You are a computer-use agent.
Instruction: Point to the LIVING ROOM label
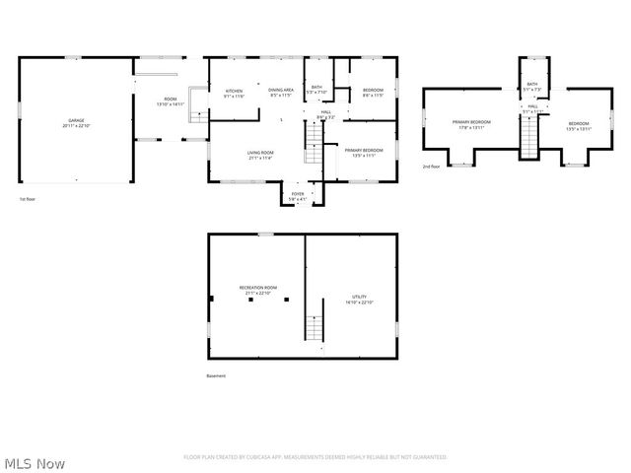(x=260, y=155)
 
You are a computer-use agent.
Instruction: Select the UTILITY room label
(x=359, y=300)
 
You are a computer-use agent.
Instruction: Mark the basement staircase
(x=316, y=328)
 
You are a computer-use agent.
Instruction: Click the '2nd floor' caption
(x=431, y=167)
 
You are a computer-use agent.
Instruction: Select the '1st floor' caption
(x=29, y=199)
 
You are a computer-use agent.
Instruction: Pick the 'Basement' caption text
(x=216, y=375)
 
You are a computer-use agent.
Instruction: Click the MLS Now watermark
(x=35, y=462)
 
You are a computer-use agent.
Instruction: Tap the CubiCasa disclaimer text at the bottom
(x=315, y=457)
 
